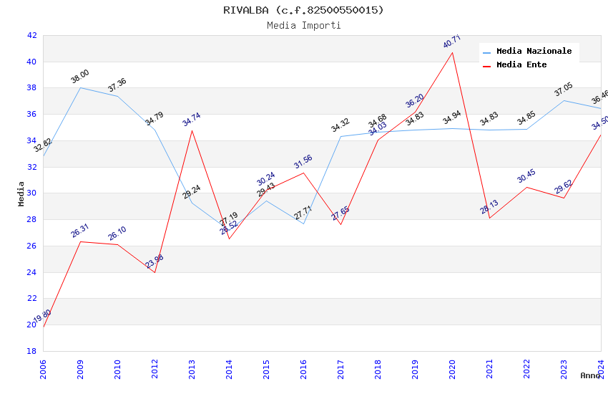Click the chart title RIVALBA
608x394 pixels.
tap(303, 10)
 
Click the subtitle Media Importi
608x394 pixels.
tap(303, 25)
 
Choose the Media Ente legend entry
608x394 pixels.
tap(521, 65)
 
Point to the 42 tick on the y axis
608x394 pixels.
tap(31, 35)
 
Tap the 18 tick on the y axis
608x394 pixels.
tap(31, 351)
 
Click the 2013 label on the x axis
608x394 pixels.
tap(192, 369)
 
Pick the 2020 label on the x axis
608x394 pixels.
tap(452, 369)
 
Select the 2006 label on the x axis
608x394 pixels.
tap(43, 369)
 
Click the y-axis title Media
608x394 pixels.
tap(21, 193)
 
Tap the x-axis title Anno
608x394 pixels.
tap(590, 375)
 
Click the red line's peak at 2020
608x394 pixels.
tap(452, 52)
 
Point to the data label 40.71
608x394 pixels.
tap(451, 42)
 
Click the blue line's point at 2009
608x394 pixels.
tap(80, 87)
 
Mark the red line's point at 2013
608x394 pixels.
tap(192, 130)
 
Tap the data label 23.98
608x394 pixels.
tap(155, 261)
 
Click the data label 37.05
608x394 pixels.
tap(564, 90)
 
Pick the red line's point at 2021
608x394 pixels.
tap(489, 218)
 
